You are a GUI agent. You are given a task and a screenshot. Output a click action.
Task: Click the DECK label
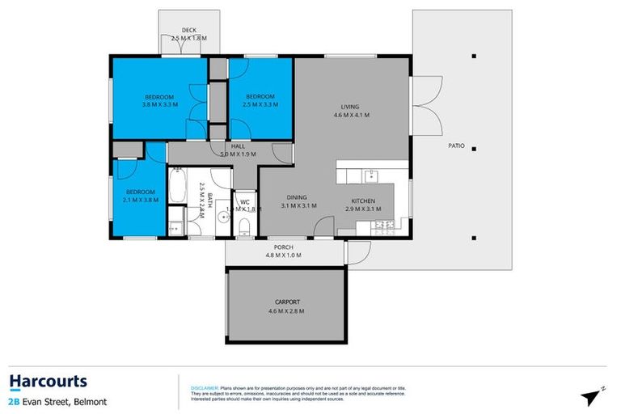(x=188, y=30)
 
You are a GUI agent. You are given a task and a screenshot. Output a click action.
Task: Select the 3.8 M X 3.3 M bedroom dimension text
(x=158, y=104)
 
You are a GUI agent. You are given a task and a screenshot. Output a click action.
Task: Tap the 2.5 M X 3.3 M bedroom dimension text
(x=261, y=104)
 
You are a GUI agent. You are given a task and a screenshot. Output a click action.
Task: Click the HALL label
(x=238, y=146)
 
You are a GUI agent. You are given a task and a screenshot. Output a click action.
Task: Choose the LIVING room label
(x=351, y=107)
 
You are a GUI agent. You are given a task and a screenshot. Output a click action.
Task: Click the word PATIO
(x=456, y=146)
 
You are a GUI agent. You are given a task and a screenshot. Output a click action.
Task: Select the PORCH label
(x=283, y=247)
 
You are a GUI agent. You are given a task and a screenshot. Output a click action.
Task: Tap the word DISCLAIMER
(x=204, y=388)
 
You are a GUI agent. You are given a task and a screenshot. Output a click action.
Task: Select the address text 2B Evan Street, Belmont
(x=57, y=401)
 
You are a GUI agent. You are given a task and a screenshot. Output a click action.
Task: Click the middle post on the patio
(x=475, y=148)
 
